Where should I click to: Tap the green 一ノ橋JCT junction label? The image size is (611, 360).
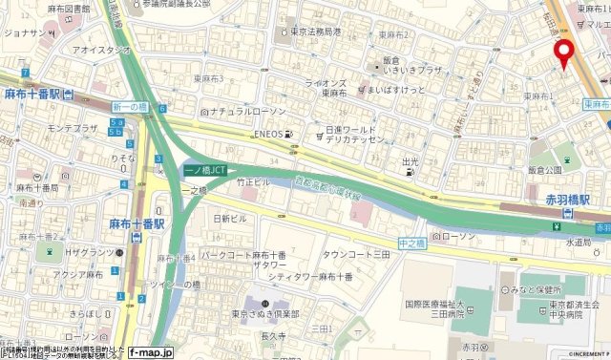point(204,170)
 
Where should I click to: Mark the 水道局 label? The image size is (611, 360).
point(579,243)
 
